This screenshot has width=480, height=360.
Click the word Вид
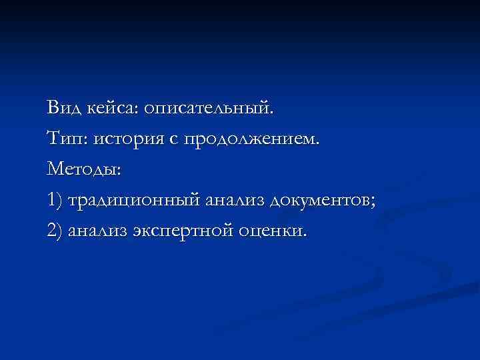tap(63, 107)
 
